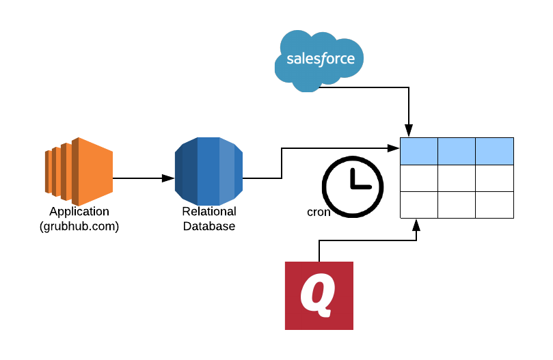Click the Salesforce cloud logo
point(320,59)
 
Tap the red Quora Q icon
point(319,295)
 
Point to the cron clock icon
point(353,184)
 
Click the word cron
point(319,212)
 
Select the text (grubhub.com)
point(79,227)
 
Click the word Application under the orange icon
point(79,212)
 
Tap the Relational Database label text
point(208,219)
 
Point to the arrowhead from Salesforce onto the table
point(409,130)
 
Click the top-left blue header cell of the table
point(418,151)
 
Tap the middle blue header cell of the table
point(457,151)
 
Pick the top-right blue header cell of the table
point(494,151)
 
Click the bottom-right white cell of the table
point(494,205)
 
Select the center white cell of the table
point(457,178)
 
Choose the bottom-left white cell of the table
point(418,205)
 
